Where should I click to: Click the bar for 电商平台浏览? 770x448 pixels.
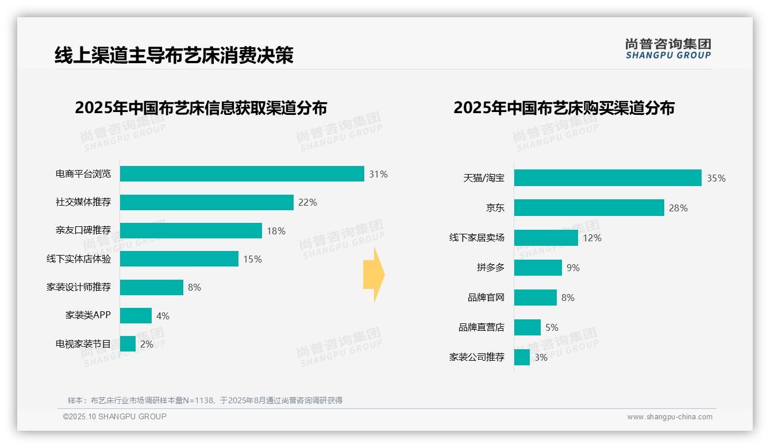(x=242, y=173)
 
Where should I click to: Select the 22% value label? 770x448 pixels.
(x=307, y=202)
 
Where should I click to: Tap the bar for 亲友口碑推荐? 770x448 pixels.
(x=191, y=230)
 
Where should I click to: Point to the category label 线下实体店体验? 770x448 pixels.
(x=79, y=259)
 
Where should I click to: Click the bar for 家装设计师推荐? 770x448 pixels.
(x=152, y=287)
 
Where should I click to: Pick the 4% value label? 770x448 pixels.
(x=163, y=316)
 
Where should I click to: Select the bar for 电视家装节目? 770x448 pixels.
(x=128, y=344)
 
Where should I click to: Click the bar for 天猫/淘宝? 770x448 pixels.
(x=607, y=177)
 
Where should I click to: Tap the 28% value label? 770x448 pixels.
(x=678, y=208)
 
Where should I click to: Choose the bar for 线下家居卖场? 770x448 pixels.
(x=546, y=238)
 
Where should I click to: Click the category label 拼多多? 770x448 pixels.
(x=490, y=268)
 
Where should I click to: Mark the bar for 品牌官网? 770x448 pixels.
(x=536, y=298)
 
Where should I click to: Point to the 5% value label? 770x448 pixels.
(x=552, y=327)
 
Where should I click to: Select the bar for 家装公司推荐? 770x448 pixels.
(x=522, y=357)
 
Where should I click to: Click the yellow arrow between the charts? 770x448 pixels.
(x=374, y=275)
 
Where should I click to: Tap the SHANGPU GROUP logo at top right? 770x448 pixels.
(x=668, y=49)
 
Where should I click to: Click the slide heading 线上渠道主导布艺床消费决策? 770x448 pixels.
(x=174, y=55)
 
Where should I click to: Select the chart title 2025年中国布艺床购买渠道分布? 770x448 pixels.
(x=564, y=108)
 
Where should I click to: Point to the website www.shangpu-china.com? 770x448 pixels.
(x=669, y=417)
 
